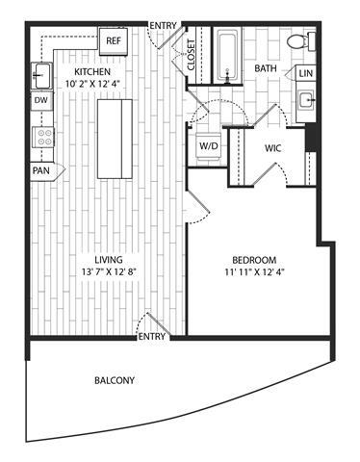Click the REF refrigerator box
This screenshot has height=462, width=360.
pyautogui.click(x=114, y=40)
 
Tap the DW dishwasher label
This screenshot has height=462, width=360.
pyautogui.click(x=41, y=100)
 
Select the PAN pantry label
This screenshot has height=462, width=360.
pyautogui.click(x=41, y=170)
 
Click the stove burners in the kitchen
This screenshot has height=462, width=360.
pyautogui.click(x=42, y=136)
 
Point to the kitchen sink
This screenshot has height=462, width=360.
pyautogui.click(x=41, y=72)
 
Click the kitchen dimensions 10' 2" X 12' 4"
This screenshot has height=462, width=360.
pyautogui.click(x=93, y=86)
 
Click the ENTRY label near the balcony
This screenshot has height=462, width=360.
pyautogui.click(x=152, y=336)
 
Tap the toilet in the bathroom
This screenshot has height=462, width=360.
pyautogui.click(x=301, y=42)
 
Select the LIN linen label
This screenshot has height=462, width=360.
pyautogui.click(x=306, y=74)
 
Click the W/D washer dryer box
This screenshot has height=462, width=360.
pyautogui.click(x=208, y=146)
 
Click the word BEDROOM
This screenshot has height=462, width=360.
pyautogui.click(x=255, y=260)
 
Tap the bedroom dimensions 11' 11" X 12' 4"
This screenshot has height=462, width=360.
pyautogui.click(x=255, y=273)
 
